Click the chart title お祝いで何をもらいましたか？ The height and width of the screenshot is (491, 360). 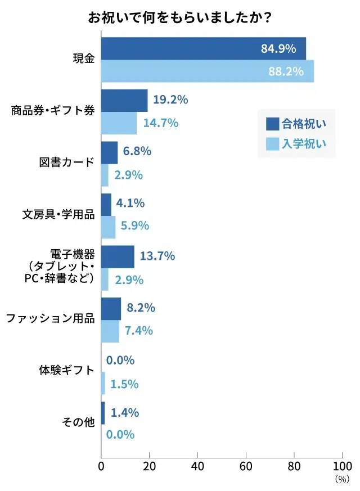(180, 17)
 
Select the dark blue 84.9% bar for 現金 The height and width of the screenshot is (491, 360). (203, 48)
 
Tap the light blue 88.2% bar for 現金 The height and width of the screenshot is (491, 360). (207, 71)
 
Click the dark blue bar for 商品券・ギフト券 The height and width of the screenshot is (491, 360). (124, 100)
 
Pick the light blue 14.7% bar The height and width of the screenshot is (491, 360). (119, 123)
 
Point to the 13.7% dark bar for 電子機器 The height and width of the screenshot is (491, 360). (118, 256)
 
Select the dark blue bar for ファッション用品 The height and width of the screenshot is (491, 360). (111, 308)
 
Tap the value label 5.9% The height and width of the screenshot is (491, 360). (135, 226)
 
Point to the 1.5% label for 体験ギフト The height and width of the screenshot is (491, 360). (124, 384)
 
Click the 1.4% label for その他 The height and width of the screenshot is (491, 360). (125, 413)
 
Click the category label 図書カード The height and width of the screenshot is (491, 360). (67, 163)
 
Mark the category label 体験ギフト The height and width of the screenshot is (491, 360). (67, 371)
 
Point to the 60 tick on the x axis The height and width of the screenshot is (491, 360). (245, 466)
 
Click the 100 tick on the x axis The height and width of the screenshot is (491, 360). (342, 466)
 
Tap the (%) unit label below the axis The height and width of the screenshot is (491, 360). (341, 480)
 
